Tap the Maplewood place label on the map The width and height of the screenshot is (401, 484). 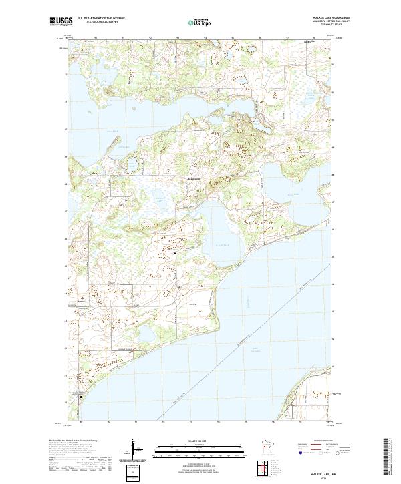(193, 180)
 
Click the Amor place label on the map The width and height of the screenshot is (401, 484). (82, 300)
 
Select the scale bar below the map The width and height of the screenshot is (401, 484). (200, 447)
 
